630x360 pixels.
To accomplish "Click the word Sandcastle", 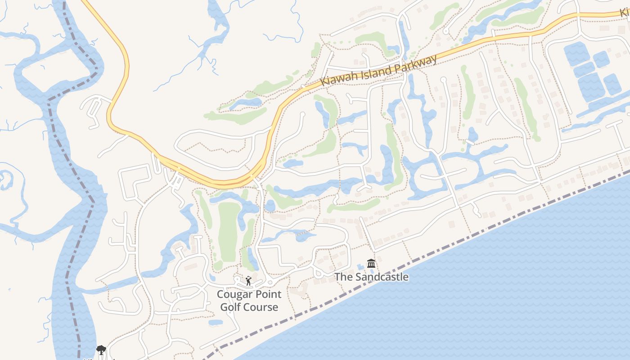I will pyautogui.click(x=382, y=277).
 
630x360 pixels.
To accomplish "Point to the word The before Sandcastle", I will pyautogui.click(x=344, y=277).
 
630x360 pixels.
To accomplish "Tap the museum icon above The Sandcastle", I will pyautogui.click(x=371, y=263).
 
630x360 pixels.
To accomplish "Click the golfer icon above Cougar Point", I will pyautogui.click(x=248, y=281).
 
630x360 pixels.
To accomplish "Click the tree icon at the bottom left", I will pyautogui.click(x=101, y=350).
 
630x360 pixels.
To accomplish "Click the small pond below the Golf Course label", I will pyautogui.click(x=216, y=322).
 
